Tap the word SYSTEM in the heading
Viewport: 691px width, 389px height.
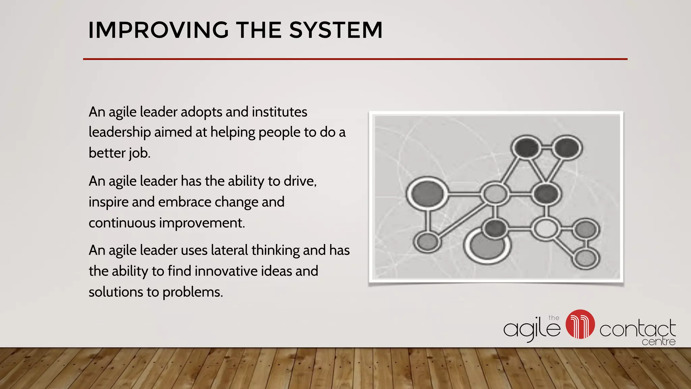(336, 30)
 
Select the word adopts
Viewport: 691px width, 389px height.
(201, 112)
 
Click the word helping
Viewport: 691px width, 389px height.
(233, 132)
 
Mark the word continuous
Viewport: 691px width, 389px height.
(122, 223)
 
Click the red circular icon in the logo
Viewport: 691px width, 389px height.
(580, 324)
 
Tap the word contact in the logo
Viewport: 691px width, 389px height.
(637, 329)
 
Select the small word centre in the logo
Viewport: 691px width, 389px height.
(658, 342)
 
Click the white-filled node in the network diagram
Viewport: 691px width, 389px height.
(546, 228)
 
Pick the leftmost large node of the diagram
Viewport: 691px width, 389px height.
(427, 193)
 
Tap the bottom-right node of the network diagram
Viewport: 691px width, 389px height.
(586, 258)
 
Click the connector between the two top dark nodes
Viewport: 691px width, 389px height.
(547, 148)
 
